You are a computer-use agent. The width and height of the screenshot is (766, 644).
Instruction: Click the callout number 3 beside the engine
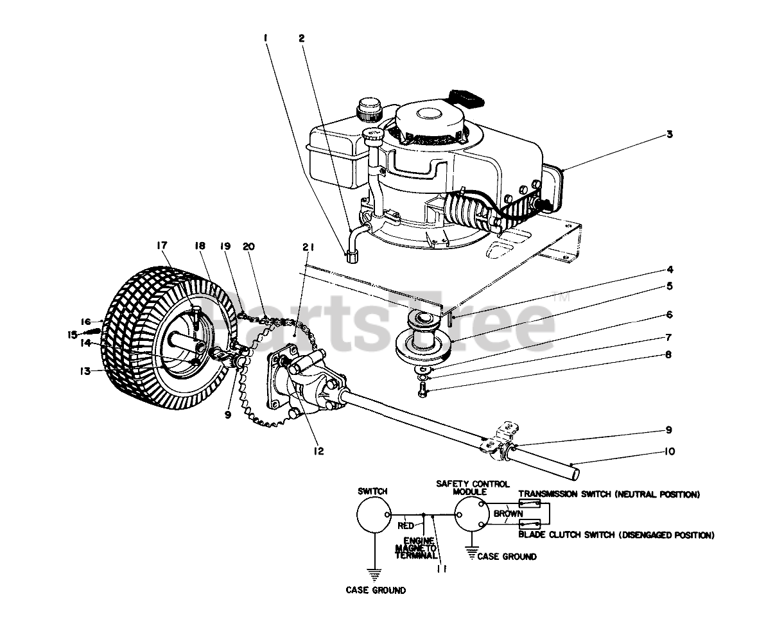click(669, 134)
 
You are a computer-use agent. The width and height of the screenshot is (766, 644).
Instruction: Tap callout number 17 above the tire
click(161, 245)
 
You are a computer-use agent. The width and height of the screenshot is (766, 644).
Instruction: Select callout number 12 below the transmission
click(319, 451)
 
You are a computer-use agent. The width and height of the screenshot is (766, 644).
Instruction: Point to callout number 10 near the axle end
click(670, 452)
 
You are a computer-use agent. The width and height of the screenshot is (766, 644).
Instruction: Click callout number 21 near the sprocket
click(307, 246)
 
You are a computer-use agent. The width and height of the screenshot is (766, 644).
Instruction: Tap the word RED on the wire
click(406, 525)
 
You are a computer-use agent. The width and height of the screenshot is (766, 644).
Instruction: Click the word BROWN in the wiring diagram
click(508, 514)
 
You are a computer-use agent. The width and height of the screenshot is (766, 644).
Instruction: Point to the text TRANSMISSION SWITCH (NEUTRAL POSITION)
click(608, 494)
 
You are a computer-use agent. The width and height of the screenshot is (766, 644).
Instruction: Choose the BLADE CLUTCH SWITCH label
click(616, 535)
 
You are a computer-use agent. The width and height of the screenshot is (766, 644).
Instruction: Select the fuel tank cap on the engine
click(369, 107)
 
